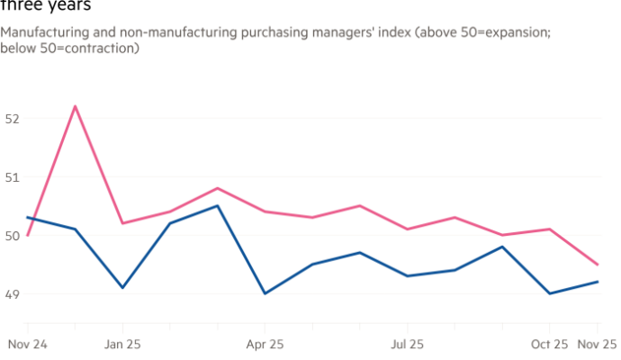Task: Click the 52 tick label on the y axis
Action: (9, 118)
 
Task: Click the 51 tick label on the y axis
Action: (9, 176)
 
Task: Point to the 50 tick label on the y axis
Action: (9, 235)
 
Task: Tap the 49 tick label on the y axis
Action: (9, 293)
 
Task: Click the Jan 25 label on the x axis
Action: (122, 344)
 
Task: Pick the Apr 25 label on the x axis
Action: (265, 344)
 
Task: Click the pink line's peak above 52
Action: (75, 106)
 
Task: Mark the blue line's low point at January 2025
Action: (122, 288)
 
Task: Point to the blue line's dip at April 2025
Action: (265, 293)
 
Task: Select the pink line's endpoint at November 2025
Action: (598, 265)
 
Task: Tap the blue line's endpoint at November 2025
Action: (598, 282)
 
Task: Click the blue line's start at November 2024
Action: (27, 217)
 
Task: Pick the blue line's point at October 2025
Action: (550, 293)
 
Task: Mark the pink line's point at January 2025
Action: (122, 223)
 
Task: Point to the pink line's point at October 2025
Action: (550, 229)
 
